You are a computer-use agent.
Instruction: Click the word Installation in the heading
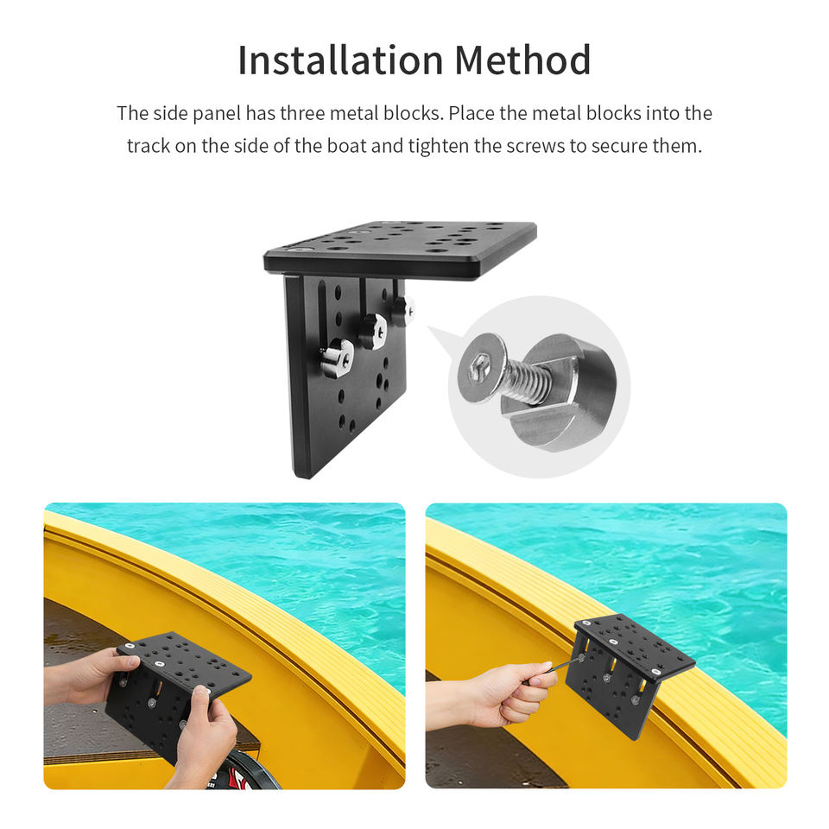(340, 60)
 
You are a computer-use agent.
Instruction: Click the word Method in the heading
(522, 60)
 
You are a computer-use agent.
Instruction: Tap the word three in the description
(302, 113)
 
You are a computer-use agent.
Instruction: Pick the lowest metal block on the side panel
(337, 358)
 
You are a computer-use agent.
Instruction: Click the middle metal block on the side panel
(374, 332)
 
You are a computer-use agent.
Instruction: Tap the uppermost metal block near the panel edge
(404, 310)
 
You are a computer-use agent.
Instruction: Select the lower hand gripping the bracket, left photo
(204, 735)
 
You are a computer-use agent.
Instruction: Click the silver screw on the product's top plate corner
(300, 249)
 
